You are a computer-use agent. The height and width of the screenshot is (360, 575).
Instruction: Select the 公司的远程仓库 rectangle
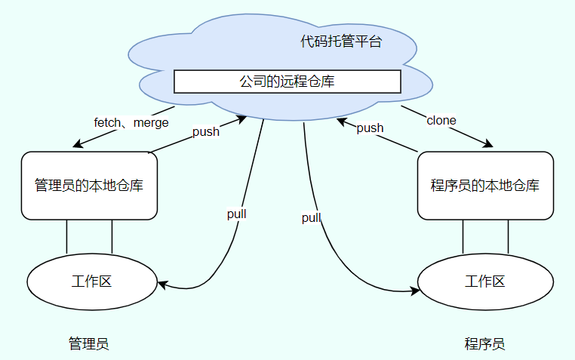287,82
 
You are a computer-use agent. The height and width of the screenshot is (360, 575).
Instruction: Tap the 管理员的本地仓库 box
89,186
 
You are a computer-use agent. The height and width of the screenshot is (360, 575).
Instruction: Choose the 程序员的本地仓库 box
485,186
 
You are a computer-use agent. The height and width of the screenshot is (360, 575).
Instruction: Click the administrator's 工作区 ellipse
92,282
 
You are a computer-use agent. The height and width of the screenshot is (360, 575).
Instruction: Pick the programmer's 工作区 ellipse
485,282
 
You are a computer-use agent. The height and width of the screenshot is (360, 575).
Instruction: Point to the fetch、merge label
131,122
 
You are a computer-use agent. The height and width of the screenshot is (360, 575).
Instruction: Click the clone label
441,121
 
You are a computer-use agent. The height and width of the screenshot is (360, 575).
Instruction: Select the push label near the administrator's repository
205,132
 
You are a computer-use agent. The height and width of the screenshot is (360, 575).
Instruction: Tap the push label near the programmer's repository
370,128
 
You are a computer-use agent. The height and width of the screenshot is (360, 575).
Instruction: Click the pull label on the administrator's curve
237,214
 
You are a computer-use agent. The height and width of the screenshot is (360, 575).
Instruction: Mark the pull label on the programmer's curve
312,218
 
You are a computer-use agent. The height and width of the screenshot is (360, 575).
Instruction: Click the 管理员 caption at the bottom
89,344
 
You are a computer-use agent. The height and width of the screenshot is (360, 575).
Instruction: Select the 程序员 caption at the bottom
484,344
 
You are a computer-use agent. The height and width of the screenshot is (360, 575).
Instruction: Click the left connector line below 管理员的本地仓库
67,236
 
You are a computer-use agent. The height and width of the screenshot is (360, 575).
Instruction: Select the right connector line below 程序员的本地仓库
508,236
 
